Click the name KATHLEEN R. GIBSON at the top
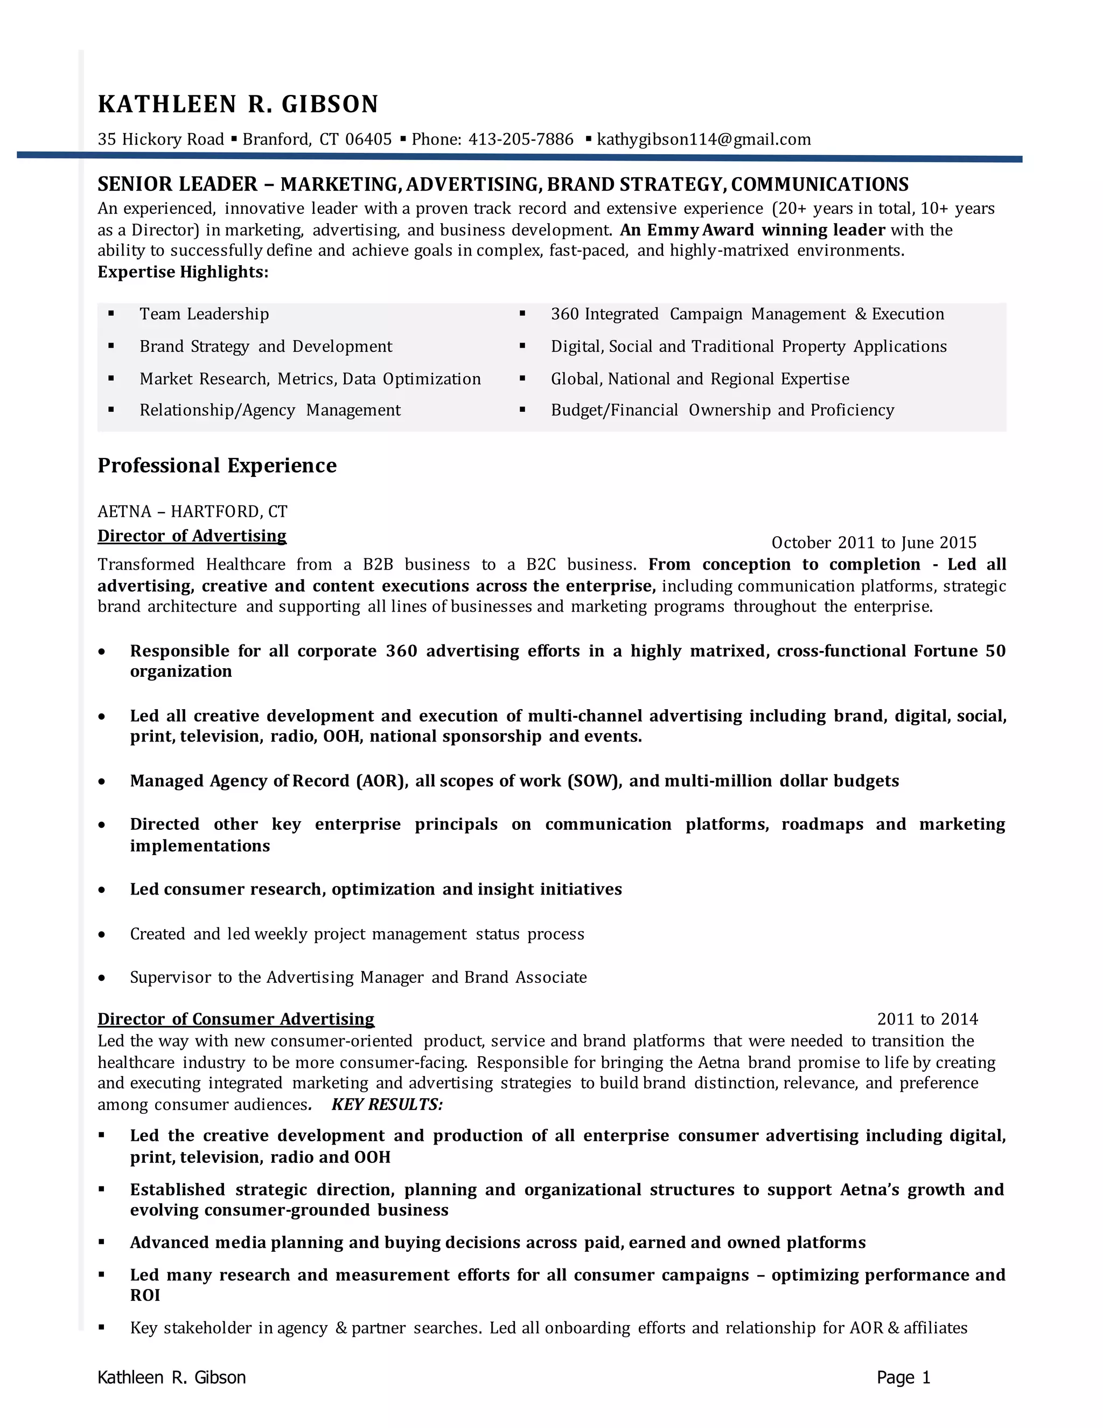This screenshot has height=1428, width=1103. pos(238,105)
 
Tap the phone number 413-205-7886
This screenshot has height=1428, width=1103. pos(521,139)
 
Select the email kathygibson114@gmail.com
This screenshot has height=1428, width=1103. pos(704,139)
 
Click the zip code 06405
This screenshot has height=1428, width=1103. pos(368,139)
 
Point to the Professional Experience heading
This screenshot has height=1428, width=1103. pos(217,466)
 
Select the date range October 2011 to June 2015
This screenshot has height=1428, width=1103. pos(874,543)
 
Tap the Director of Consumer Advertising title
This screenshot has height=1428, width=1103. pos(236,1020)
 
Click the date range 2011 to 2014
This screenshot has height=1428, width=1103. pos(927,1020)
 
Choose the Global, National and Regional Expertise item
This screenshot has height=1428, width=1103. pos(700,379)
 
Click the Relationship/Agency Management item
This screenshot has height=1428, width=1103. pos(270,411)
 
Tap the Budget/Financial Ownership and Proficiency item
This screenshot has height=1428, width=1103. pos(722,411)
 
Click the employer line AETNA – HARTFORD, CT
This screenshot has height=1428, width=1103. pos(192,511)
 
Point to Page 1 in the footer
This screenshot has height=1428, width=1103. pos(903,1378)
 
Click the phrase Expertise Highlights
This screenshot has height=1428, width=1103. pos(183,272)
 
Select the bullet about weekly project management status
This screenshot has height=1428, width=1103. pos(357,934)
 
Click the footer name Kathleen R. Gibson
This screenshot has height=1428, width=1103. pos(171,1378)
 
